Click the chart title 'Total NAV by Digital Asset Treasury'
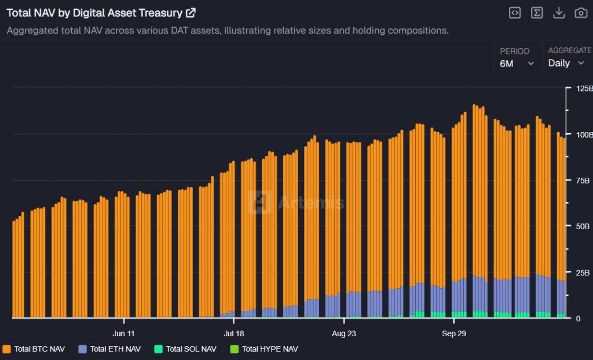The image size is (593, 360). click(x=94, y=13)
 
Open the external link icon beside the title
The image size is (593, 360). click(x=191, y=13)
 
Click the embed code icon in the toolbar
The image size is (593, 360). click(x=514, y=13)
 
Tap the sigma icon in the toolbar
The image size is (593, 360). click(x=537, y=13)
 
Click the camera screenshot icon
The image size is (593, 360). click(x=580, y=13)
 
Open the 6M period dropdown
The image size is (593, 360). click(x=517, y=63)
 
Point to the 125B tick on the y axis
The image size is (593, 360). click(x=581, y=89)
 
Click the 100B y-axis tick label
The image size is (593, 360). click(x=581, y=134)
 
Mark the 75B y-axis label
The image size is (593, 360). click(x=580, y=180)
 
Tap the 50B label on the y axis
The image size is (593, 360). click(x=580, y=226)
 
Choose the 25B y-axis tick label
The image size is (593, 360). click(x=580, y=272)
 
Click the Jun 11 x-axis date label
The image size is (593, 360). click(x=123, y=333)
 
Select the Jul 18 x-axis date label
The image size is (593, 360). click(x=233, y=333)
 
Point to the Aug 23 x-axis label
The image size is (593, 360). click(x=344, y=333)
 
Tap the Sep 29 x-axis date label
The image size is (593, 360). click(x=454, y=333)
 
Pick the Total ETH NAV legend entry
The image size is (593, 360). click(x=109, y=349)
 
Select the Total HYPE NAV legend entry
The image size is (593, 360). click(x=264, y=349)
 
